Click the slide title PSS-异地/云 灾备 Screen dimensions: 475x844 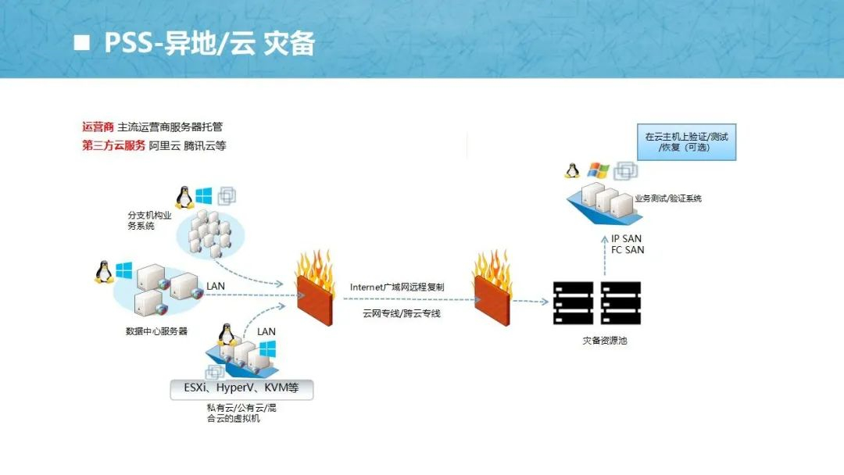209,43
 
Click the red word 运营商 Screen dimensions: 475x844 98,127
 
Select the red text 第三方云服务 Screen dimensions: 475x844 113,145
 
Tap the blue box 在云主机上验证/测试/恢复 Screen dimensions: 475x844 687,141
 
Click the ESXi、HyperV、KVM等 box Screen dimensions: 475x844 241,389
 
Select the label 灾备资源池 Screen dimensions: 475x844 604,341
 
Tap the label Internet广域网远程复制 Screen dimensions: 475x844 397,287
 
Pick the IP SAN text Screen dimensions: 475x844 627,238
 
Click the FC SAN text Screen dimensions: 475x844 628,250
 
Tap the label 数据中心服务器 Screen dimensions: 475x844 156,330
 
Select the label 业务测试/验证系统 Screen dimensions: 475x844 667,198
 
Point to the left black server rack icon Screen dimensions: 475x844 573,302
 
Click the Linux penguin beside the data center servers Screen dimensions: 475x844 102,271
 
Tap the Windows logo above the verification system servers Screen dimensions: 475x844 598,170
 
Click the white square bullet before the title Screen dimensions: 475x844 81,43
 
